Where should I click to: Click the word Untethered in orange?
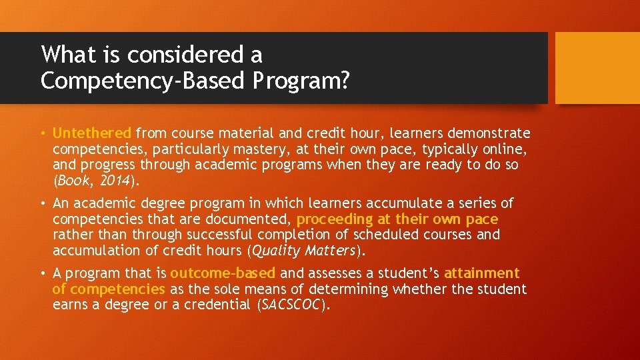point(93,133)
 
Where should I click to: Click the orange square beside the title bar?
point(597,68)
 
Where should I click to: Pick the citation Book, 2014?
point(95,181)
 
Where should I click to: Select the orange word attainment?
point(481,273)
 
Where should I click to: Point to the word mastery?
point(262,149)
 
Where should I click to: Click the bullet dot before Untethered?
point(43,133)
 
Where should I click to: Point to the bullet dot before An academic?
point(43,203)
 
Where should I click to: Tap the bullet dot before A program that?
point(43,273)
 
